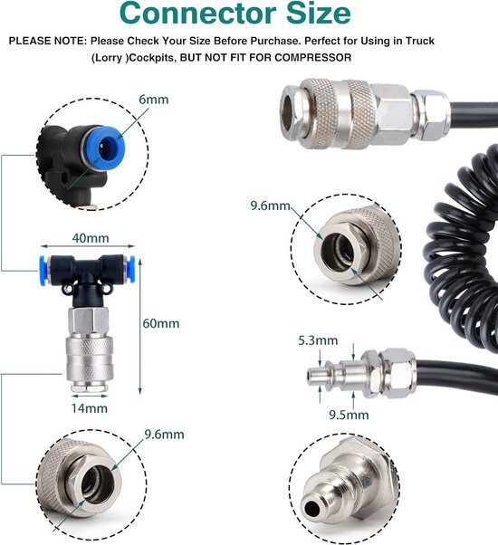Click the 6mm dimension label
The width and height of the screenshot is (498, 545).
(x=154, y=100)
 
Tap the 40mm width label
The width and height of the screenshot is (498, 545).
(x=91, y=238)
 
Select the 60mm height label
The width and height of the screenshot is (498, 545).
(x=161, y=323)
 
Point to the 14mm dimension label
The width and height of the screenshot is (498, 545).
(x=90, y=408)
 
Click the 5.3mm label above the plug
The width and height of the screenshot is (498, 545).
(x=318, y=340)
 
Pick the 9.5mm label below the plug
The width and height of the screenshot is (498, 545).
(x=349, y=415)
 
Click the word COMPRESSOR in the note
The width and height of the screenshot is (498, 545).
(x=312, y=57)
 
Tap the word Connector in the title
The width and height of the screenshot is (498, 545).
(x=197, y=14)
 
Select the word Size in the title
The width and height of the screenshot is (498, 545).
(x=318, y=14)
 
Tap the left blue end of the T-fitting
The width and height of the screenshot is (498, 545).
(x=43, y=271)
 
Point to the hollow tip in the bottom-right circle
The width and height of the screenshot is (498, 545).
(x=311, y=509)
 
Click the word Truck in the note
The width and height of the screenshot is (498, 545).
(x=420, y=41)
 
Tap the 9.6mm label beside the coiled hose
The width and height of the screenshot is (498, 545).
(x=271, y=206)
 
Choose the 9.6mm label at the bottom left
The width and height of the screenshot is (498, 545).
(x=165, y=435)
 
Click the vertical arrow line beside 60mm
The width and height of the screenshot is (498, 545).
(x=140, y=327)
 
